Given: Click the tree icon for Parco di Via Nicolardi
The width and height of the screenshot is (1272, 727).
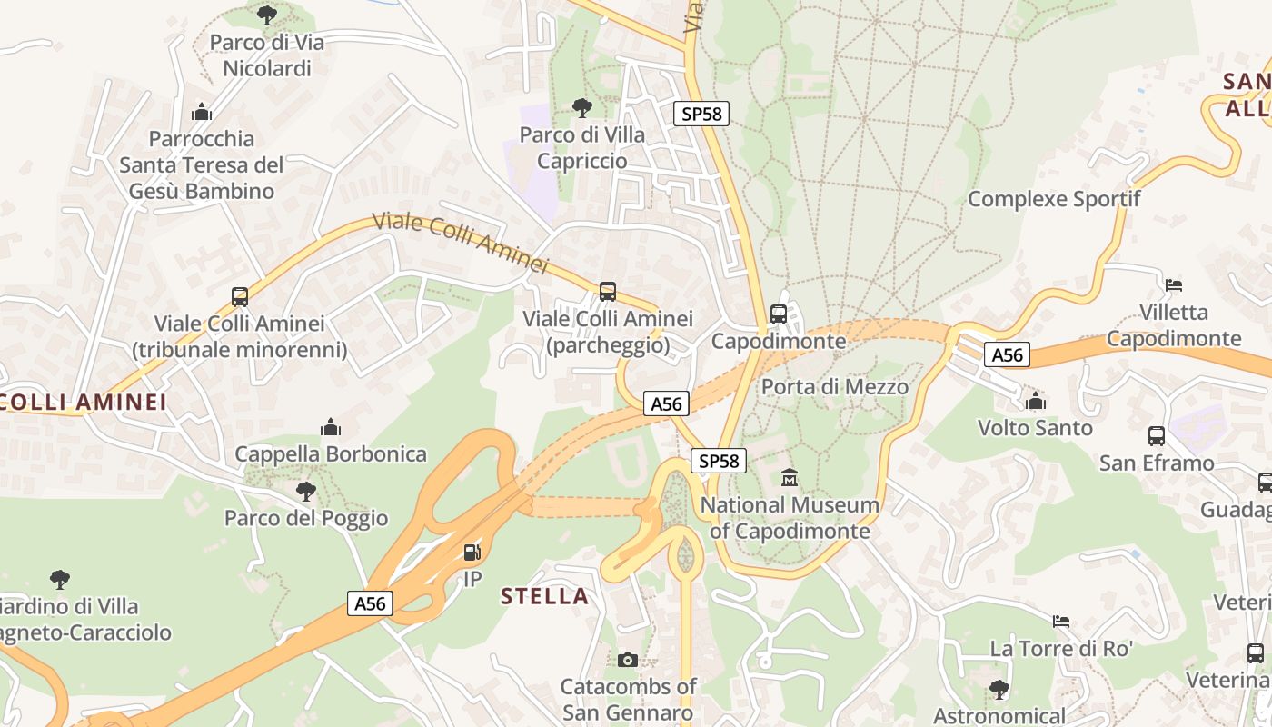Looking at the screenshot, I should coord(266,14).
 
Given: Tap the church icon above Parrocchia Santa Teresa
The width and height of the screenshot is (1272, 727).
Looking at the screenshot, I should coord(202,112).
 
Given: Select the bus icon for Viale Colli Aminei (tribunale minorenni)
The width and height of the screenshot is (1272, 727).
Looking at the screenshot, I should coord(240,296).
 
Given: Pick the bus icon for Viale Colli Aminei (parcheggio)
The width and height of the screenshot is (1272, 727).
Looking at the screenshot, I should coord(608,292).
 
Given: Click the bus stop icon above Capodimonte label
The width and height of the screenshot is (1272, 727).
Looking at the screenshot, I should coord(779,314).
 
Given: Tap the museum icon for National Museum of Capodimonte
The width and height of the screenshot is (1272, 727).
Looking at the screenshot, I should coord(790,477).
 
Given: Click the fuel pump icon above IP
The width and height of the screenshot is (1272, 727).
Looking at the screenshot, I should coord(472,552).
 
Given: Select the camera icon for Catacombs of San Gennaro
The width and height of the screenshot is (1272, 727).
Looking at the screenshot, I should coord(627,660).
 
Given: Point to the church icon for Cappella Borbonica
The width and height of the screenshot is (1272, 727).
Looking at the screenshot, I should coord(331,427).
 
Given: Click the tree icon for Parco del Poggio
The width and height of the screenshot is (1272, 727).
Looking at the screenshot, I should coord(306,492).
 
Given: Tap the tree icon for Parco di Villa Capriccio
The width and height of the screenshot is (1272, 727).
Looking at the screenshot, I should coord(582,108).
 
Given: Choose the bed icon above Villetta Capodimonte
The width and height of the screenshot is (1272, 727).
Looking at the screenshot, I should coord(1174,285).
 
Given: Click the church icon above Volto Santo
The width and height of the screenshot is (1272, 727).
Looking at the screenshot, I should coord(1035,401).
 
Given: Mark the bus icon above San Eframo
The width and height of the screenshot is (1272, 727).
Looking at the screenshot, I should coord(1157,436).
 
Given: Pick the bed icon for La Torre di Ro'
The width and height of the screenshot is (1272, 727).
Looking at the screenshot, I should coord(1061,622).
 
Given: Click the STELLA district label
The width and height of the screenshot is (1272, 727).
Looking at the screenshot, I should coord(545,596).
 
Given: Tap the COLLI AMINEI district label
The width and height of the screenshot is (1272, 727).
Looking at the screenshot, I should coord(84,402).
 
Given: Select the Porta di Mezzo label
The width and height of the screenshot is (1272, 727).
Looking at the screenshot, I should coord(834,386).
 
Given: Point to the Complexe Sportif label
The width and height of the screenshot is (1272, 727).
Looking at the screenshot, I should coord(1053,198).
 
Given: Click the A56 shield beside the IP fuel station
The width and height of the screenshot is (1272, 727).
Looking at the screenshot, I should coord(370,603).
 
